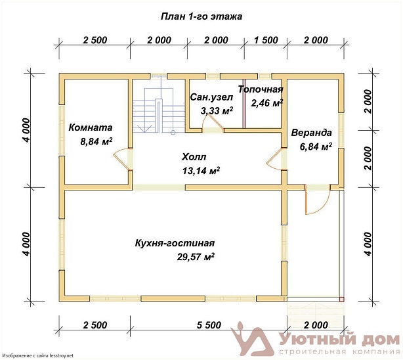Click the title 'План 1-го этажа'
(x=201, y=16)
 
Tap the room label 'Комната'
(x=90, y=127)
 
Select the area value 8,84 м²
(x=96, y=141)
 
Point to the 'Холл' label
(x=194, y=156)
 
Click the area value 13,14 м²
(x=201, y=170)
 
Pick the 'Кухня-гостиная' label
(x=175, y=243)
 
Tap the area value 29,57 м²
(x=196, y=257)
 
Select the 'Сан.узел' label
(x=211, y=97)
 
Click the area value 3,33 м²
(x=217, y=110)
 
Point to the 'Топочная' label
(x=261, y=89)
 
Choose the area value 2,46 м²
(x=267, y=103)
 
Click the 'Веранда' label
(x=311, y=133)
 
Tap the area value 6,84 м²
(x=316, y=146)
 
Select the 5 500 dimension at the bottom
(x=209, y=325)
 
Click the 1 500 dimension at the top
(x=266, y=40)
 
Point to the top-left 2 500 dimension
(x=95, y=40)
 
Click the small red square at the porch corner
(x=341, y=300)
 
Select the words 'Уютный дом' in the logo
(x=339, y=340)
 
